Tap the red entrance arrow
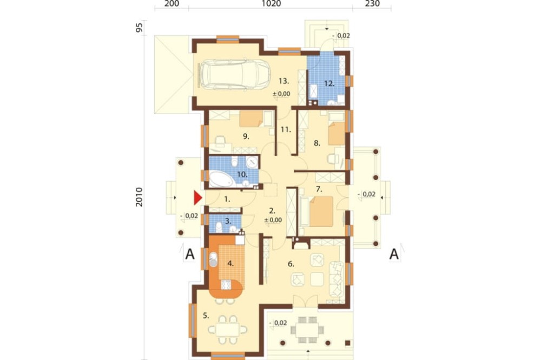[198, 198]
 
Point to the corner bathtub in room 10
[221, 178]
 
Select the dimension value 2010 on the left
[139, 198]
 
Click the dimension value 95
[139, 28]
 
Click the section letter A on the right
[394, 254]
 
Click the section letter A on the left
[189, 254]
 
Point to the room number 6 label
[291, 264]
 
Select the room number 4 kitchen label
[230, 264]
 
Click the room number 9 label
[245, 137]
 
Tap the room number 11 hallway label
[286, 130]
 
